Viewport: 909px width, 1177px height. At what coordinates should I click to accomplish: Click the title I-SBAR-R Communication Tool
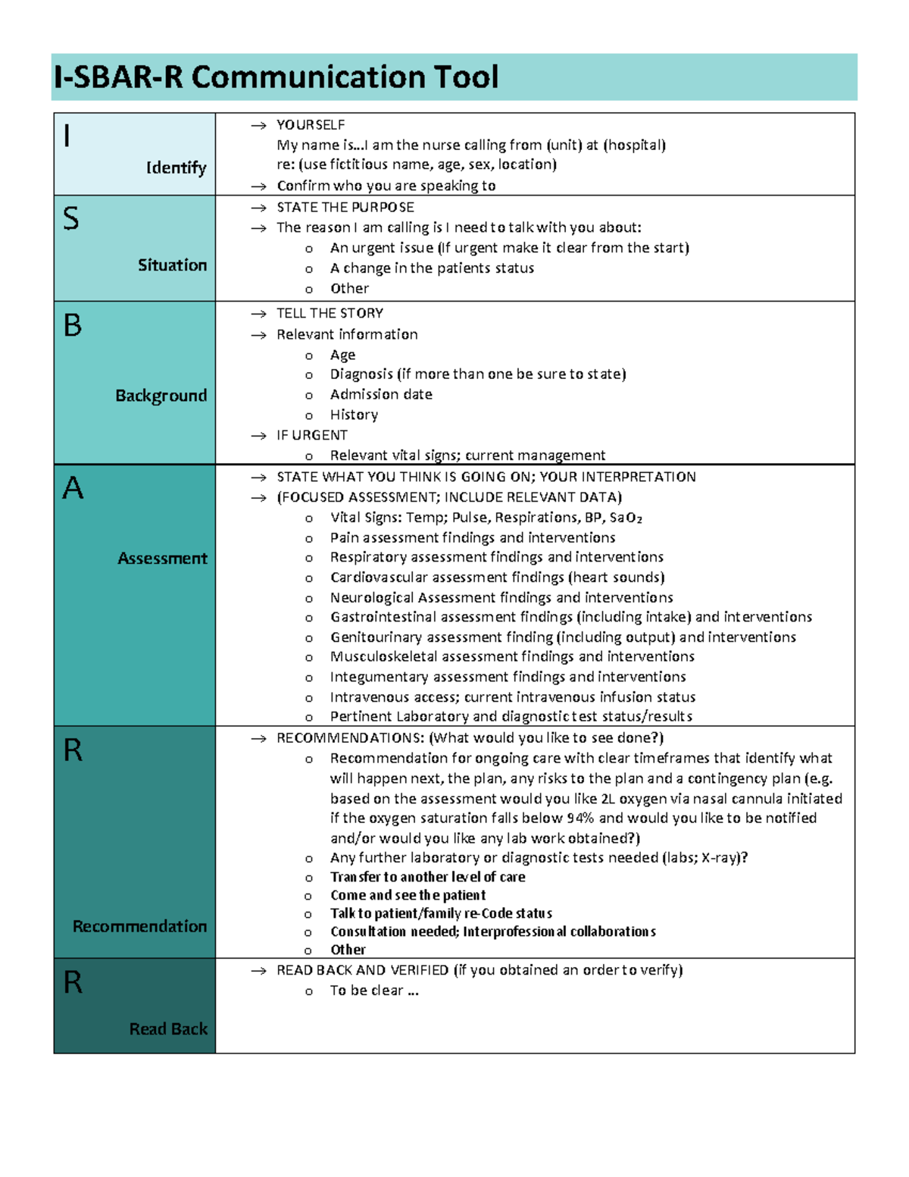click(276, 77)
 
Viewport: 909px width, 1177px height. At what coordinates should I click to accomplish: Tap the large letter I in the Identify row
click(68, 136)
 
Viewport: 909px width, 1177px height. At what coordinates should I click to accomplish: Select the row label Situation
click(172, 265)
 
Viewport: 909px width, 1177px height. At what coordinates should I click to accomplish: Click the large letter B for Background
click(73, 326)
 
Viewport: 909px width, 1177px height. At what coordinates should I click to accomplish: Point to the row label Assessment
click(162, 559)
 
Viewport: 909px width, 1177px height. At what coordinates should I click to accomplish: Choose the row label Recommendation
click(139, 926)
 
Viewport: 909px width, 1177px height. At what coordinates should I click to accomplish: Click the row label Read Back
click(168, 1028)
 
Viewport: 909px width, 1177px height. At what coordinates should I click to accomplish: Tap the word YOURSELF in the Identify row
click(311, 125)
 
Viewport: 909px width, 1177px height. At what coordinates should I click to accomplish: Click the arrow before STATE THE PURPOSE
click(259, 208)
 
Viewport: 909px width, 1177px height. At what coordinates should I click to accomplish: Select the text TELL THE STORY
click(330, 313)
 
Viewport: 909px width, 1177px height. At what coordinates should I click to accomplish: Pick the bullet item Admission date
click(381, 394)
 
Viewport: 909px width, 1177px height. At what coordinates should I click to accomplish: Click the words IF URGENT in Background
click(312, 435)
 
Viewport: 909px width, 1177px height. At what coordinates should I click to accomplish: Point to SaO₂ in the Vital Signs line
click(626, 518)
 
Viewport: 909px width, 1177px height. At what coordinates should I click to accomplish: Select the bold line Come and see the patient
click(408, 895)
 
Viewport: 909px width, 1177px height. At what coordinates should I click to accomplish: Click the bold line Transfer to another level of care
click(427, 877)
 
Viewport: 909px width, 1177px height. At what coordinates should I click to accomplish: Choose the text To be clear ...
click(367, 991)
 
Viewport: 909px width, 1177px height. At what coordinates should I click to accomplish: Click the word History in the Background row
click(354, 415)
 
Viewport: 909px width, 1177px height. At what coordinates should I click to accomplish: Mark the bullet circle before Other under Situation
click(309, 290)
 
